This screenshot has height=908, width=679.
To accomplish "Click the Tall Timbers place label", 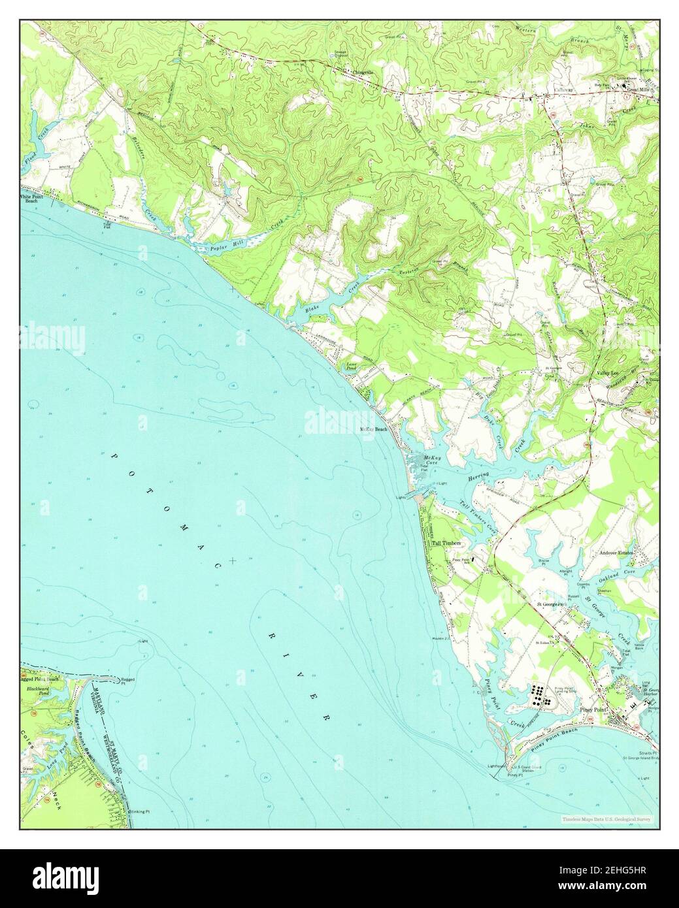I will [x=446, y=543].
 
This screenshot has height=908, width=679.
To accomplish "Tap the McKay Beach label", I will [x=374, y=429].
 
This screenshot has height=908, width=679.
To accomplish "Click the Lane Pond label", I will [x=351, y=368].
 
